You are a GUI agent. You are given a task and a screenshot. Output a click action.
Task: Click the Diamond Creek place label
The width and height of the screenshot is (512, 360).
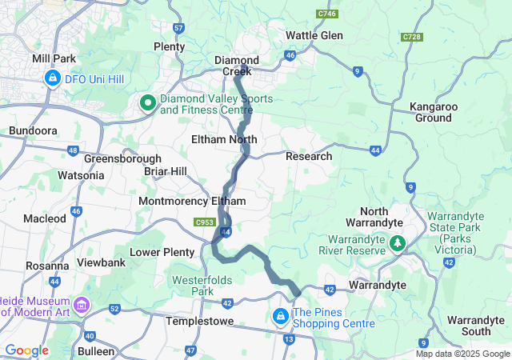tap(236, 66)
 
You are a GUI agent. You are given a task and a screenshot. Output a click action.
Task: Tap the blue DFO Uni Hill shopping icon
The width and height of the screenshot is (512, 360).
tap(53, 78)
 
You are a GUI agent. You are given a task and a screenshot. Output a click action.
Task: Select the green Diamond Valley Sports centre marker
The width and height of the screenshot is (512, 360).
tap(148, 102)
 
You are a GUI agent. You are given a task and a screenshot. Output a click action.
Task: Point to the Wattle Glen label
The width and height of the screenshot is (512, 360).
tap(314, 36)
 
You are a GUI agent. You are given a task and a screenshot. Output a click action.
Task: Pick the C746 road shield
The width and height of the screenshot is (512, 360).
tap(326, 14)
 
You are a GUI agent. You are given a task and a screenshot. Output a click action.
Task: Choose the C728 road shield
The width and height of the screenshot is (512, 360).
tap(413, 37)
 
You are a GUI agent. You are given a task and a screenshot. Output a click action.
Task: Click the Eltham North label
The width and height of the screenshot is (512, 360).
tap(224, 139)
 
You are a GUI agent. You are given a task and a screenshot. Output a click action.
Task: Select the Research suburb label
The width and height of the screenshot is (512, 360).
tap(309, 156)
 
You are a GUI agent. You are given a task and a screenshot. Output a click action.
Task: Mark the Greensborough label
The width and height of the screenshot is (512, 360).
tap(118, 158)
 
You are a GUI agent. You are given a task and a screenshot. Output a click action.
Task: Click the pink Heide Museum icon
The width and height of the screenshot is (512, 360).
tap(82, 305)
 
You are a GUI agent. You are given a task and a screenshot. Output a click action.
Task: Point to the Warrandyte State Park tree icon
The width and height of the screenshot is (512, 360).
tap(396, 241)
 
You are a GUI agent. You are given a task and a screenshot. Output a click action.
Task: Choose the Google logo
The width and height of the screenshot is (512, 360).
tap(26, 350)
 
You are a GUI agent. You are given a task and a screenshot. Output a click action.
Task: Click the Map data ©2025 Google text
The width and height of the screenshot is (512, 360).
tap(462, 354)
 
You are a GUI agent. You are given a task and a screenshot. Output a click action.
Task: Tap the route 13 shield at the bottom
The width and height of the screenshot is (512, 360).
tap(288, 339)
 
